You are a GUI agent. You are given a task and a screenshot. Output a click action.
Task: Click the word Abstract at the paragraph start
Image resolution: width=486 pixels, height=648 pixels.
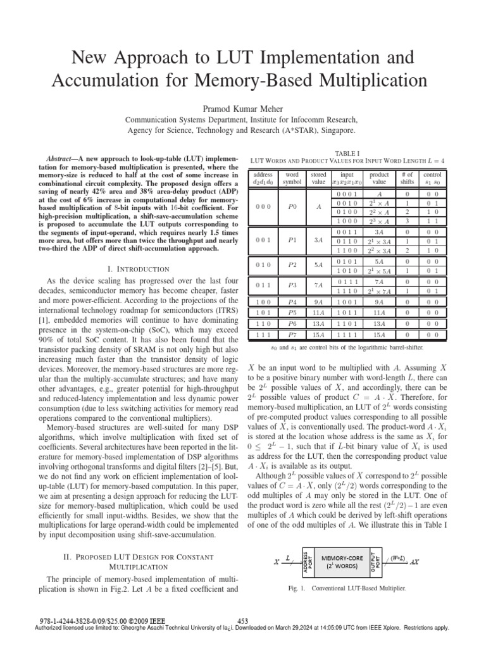click(62, 157)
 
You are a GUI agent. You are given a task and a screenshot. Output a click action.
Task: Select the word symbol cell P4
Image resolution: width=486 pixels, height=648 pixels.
click(292, 302)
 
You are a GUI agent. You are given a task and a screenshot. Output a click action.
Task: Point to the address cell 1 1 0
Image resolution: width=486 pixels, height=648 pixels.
click(261, 323)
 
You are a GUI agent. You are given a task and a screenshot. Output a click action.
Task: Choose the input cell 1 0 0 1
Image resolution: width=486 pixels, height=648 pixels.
click(348, 302)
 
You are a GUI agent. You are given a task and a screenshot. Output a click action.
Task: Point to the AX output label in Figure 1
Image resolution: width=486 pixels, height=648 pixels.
click(415, 561)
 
